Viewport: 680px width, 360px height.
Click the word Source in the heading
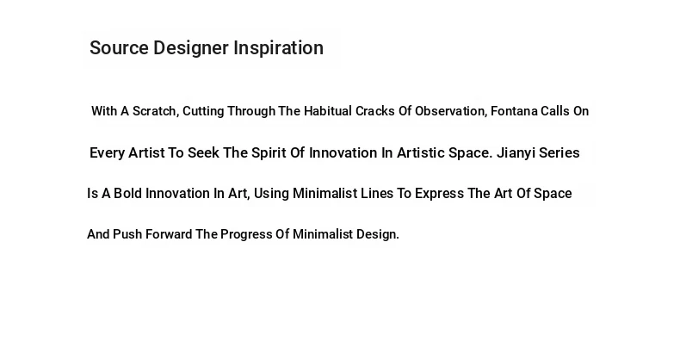pos(119,47)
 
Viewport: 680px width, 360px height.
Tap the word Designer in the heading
pos(191,48)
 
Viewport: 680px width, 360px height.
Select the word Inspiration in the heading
pos(278,48)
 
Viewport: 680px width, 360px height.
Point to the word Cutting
pos(203,112)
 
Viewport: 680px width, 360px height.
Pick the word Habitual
pos(328,111)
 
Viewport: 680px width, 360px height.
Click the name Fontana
pos(514,111)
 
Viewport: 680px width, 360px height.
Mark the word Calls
pos(555,111)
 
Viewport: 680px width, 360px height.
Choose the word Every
pos(107,153)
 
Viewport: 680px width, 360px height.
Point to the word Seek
pos(203,152)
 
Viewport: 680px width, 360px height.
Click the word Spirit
pos(269,153)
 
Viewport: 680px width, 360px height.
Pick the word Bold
pos(128,194)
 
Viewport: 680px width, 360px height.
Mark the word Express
pos(439,194)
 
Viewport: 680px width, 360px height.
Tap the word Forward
pos(169,234)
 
